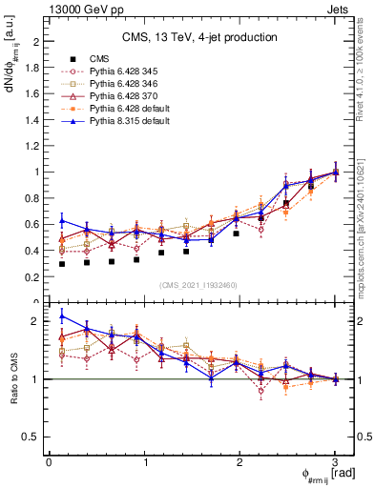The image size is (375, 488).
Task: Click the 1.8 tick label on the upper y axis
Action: pos(32,68)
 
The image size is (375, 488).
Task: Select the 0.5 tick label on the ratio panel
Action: pos(32,437)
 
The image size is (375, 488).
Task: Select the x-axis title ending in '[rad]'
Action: pos(328,475)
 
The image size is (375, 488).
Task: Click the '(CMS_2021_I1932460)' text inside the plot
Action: pos(200,284)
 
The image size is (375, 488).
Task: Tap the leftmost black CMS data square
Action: pos(62,263)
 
